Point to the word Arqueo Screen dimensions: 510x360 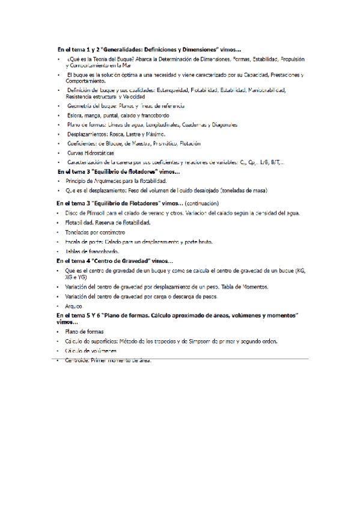(74, 306)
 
